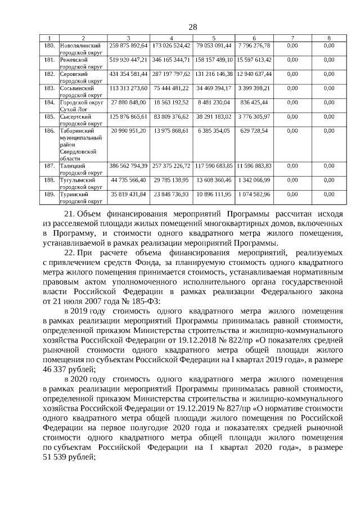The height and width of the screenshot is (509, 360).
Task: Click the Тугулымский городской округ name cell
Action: point(80,183)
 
